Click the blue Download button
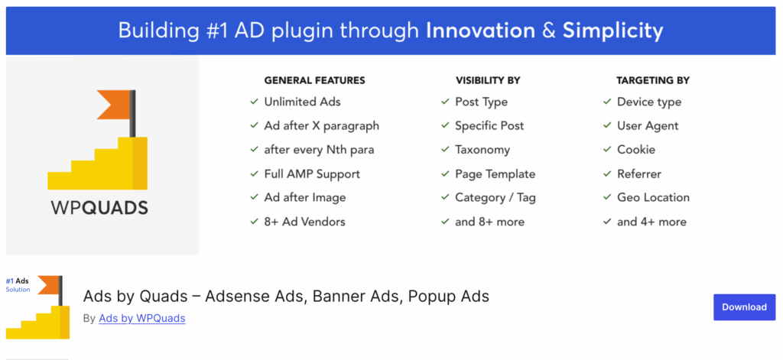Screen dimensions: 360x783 (x=744, y=307)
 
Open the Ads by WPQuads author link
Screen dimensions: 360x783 (x=141, y=318)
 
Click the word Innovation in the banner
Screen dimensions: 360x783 (x=480, y=31)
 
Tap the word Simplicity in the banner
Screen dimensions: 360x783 (x=612, y=31)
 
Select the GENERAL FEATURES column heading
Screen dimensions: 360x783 (x=314, y=80)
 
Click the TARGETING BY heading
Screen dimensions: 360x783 (x=653, y=80)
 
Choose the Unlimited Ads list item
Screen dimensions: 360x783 (x=302, y=102)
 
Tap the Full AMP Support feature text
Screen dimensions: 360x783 (x=311, y=174)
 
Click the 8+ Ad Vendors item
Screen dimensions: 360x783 (x=304, y=222)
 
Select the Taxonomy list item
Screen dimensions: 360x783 (x=482, y=150)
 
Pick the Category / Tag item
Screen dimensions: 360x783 (x=495, y=197)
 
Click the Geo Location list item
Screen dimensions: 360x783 (x=653, y=197)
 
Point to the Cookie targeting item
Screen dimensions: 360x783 (x=635, y=150)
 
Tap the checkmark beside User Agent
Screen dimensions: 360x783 (x=606, y=126)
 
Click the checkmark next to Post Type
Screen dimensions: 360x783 (x=444, y=102)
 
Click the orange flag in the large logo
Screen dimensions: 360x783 (x=112, y=105)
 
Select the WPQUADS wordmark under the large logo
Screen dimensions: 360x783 (x=99, y=208)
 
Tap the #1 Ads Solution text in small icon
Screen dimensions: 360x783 (x=18, y=285)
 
